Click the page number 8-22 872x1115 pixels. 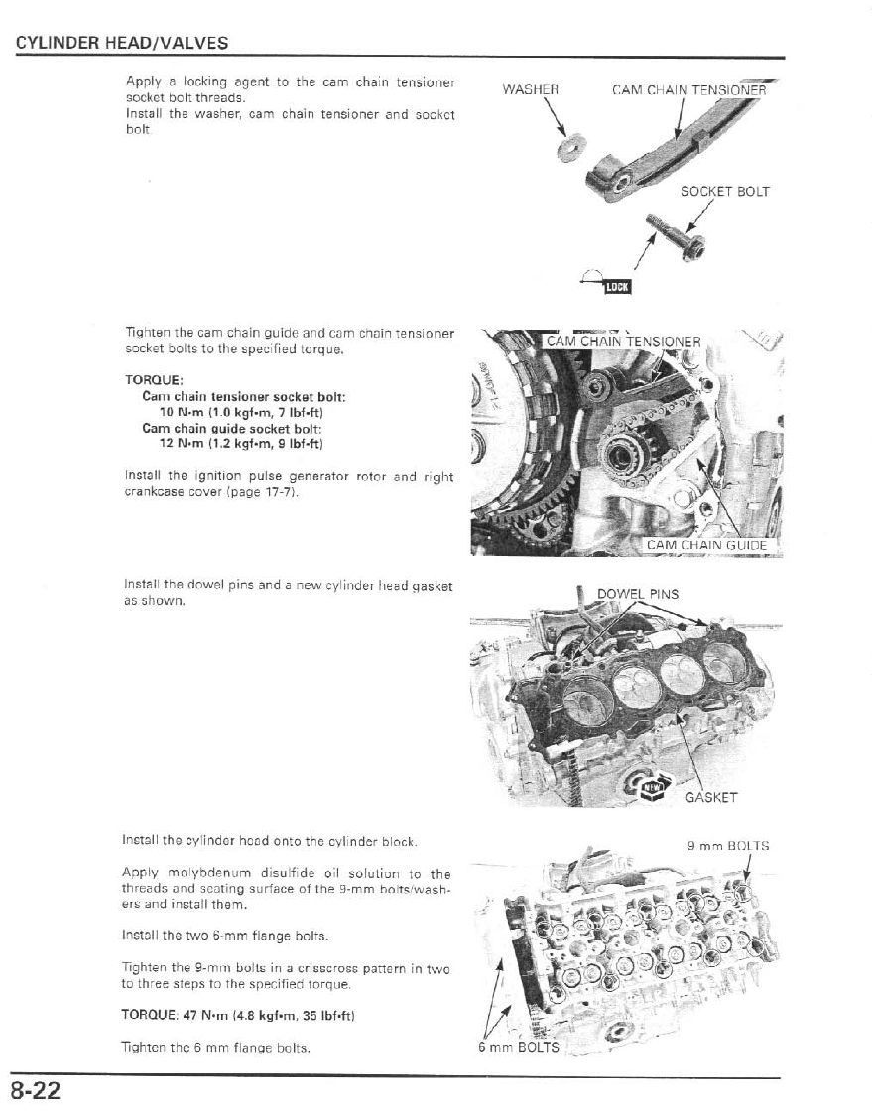[37, 1092]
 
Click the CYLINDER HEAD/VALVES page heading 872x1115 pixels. [122, 43]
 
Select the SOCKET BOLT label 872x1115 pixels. [725, 192]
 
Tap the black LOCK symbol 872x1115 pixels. [617, 287]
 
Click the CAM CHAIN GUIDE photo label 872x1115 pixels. [706, 544]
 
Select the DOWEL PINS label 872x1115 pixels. [638, 594]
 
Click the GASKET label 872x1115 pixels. [711, 796]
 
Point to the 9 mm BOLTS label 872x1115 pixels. [728, 846]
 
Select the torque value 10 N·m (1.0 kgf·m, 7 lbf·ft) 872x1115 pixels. [241, 411]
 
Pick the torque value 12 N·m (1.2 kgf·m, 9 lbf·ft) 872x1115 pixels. [241, 442]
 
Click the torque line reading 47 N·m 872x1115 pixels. [239, 1015]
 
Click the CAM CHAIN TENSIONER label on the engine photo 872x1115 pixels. [623, 343]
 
